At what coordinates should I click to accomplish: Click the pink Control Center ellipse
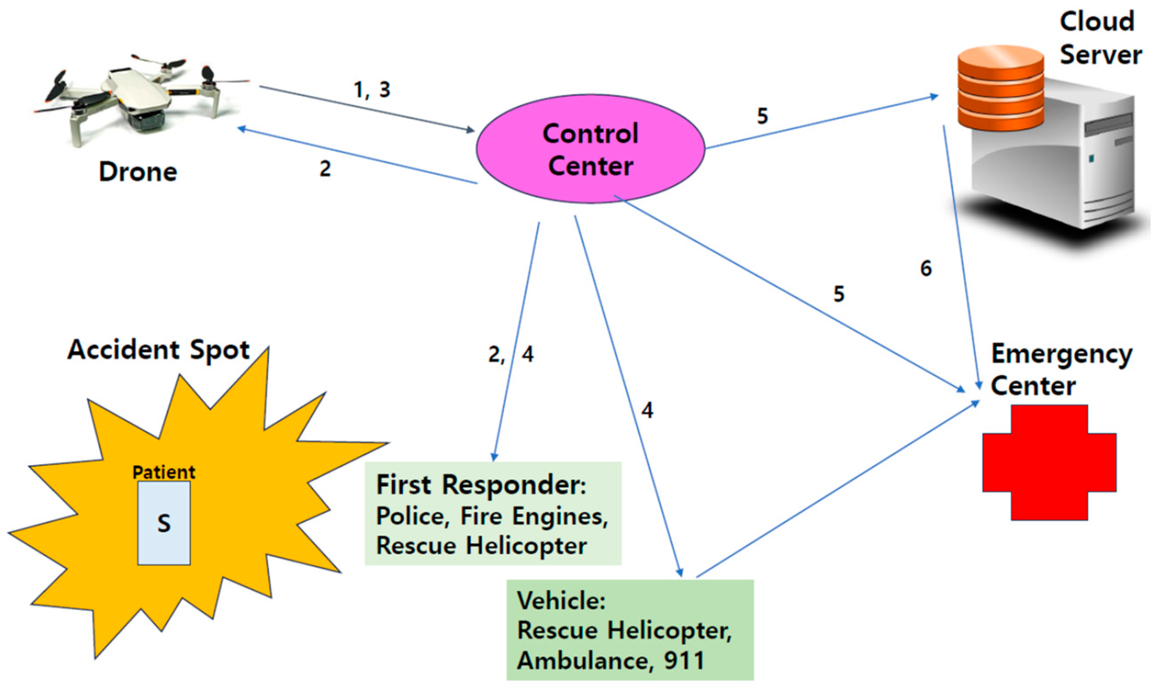click(590, 149)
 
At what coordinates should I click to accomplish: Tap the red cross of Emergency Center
click(1049, 462)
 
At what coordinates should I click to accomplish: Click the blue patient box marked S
click(164, 523)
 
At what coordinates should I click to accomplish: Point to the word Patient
click(164, 473)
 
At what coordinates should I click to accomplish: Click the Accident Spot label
click(159, 350)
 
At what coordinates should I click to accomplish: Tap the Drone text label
click(138, 172)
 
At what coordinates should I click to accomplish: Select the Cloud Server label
click(1100, 39)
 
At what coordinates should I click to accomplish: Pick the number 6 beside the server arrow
click(926, 269)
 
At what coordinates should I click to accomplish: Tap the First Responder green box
click(493, 513)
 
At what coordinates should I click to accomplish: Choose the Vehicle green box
click(630, 630)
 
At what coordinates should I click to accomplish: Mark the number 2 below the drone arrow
click(325, 168)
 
